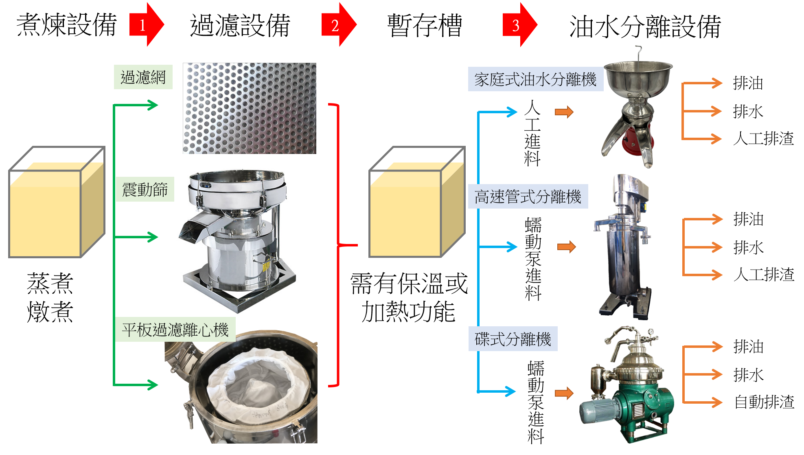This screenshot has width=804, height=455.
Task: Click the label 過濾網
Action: pos(143,77)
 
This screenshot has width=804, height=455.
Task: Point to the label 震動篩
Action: pos(145,189)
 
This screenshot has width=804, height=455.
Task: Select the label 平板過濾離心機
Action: pos(175,330)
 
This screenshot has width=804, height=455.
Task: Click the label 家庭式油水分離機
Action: pos(535,79)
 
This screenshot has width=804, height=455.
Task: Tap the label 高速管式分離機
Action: pos(528,197)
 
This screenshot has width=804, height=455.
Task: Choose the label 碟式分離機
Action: pos(513,339)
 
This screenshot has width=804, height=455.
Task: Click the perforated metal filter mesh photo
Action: pos(250,108)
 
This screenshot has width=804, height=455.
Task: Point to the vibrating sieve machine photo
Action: pos(237,240)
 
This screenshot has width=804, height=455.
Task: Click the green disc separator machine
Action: pos(635,403)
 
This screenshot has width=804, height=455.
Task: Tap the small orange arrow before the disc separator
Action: pos(564,393)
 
